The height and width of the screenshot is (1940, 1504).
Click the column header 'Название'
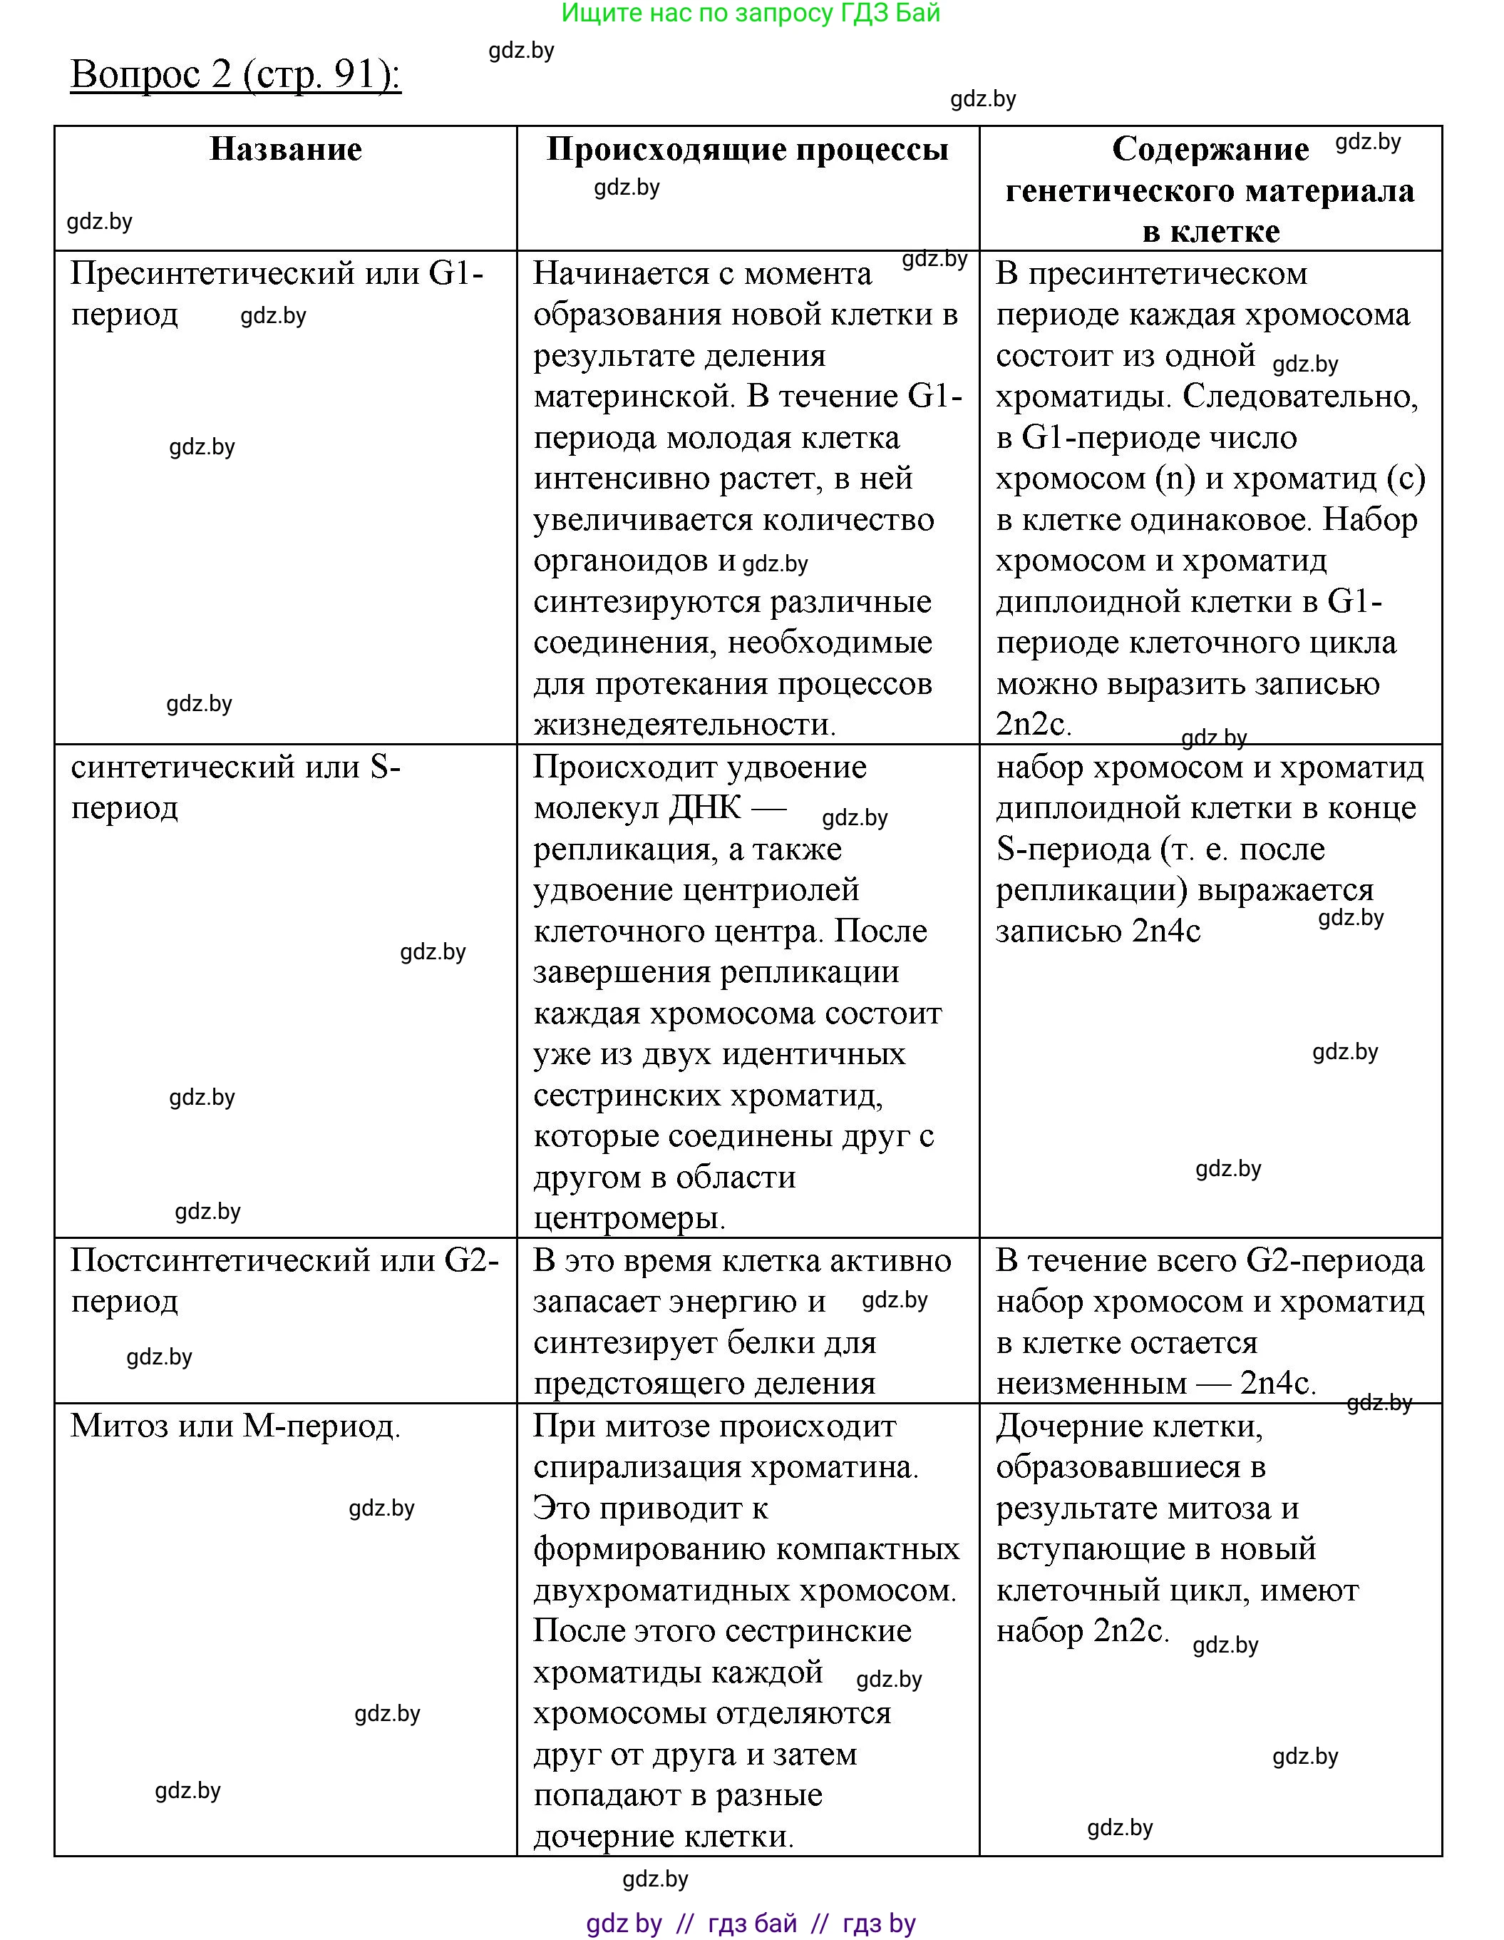[x=285, y=149]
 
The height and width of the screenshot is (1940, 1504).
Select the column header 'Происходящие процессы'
[x=748, y=149]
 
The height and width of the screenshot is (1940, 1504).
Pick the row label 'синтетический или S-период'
[x=235, y=786]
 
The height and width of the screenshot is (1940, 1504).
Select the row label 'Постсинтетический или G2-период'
[x=284, y=1280]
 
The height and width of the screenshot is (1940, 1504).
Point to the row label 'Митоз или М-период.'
[x=235, y=1426]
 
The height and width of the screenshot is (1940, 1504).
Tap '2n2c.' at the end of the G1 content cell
[x=1033, y=725]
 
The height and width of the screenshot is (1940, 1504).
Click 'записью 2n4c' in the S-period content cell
[x=1098, y=931]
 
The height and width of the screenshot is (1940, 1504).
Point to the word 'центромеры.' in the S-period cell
[x=629, y=1217]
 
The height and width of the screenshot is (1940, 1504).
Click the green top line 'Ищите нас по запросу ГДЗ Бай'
[x=751, y=14]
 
